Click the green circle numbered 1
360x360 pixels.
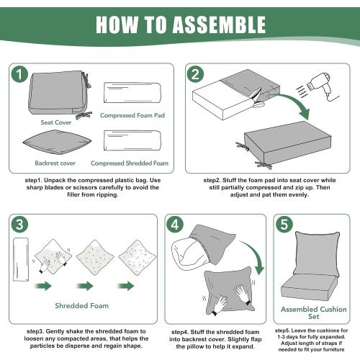(19, 74)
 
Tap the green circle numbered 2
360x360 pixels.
(195, 74)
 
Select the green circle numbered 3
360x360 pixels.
(19, 225)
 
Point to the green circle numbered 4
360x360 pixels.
(175, 225)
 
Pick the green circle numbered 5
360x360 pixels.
(284, 225)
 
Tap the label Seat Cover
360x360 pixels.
(56, 122)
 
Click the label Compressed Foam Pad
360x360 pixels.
(132, 115)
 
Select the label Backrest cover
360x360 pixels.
(55, 163)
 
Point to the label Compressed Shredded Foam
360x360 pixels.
(130, 163)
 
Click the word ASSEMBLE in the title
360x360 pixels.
(219, 24)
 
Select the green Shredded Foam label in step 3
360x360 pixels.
(82, 306)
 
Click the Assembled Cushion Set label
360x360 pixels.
(314, 312)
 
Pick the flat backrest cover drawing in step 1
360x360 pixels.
(57, 142)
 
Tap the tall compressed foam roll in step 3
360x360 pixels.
(21, 259)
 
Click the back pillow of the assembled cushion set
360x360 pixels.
(318, 256)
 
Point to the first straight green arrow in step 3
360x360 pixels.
(43, 286)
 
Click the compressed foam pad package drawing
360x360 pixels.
(132, 93)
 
